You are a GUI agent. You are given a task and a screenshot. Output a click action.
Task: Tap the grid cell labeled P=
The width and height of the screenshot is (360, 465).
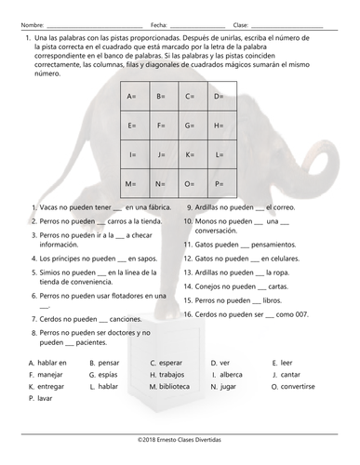[220, 183]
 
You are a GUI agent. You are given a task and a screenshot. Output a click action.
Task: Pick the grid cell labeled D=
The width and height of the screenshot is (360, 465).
[220, 96]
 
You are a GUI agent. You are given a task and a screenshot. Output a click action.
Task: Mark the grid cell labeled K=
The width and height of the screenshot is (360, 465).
[191, 154]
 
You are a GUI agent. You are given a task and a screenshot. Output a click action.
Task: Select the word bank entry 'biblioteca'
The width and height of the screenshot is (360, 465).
[174, 385]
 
